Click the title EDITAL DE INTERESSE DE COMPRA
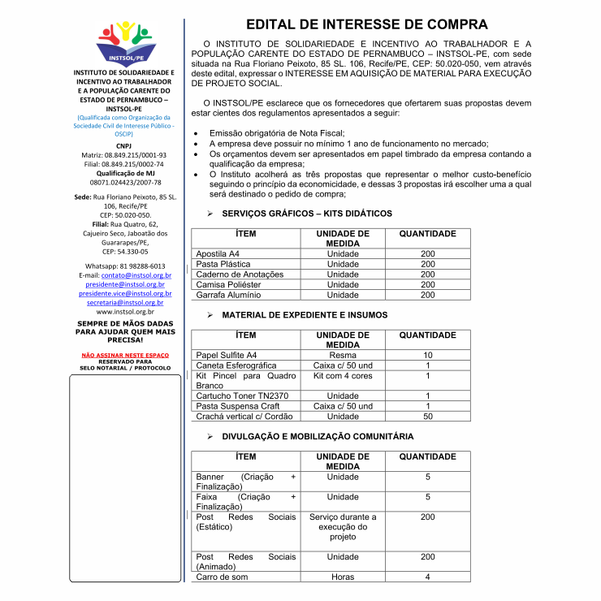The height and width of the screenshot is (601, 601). [x=367, y=24]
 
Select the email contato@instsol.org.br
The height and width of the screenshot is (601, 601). [x=136, y=276]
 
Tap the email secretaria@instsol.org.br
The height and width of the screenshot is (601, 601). [x=125, y=302]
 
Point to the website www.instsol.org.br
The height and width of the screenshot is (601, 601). [x=125, y=311]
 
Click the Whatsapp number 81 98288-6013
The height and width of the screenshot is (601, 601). [x=125, y=266]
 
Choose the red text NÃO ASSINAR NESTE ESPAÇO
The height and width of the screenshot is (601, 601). [x=125, y=355]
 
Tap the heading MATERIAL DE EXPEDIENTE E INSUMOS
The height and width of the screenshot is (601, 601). [x=305, y=315]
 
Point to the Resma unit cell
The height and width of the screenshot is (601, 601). [x=343, y=355]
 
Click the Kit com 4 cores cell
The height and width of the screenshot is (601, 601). [x=343, y=376]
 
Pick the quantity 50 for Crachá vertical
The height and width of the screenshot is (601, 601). [x=428, y=417]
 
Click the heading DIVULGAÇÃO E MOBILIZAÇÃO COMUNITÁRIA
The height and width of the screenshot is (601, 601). [x=318, y=436]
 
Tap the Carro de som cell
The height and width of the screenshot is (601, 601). [x=222, y=577]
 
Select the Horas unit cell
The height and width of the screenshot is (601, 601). [x=343, y=577]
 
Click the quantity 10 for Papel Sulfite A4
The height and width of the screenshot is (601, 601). [x=428, y=355]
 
